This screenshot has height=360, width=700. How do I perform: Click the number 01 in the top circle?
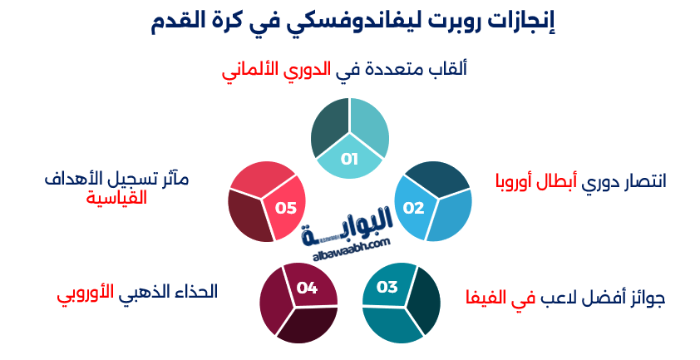(x=349, y=159)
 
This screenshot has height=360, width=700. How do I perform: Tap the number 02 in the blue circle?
(x=414, y=207)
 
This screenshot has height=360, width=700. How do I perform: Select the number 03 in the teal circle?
(x=387, y=288)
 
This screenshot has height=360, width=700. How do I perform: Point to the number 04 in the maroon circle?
(x=307, y=288)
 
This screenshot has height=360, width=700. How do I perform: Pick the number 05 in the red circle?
(x=286, y=208)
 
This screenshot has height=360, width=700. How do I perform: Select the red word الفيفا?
(x=482, y=297)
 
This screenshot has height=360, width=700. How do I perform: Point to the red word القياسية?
(x=116, y=198)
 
